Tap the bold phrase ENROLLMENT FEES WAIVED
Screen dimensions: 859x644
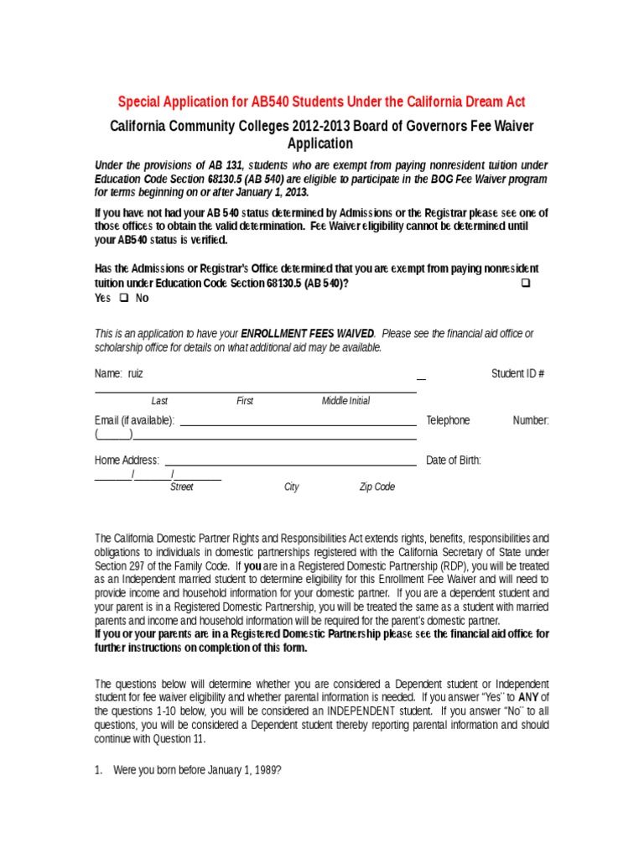click(x=308, y=334)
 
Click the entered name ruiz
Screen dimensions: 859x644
click(x=136, y=373)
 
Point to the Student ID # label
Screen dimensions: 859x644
click(x=517, y=373)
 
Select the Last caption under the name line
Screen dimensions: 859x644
click(x=159, y=401)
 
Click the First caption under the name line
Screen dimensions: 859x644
click(x=245, y=401)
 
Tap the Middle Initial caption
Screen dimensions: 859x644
click(x=345, y=401)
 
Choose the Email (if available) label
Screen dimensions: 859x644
click(x=135, y=420)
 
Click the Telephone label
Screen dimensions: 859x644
click(x=448, y=420)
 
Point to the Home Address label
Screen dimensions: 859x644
click(x=127, y=460)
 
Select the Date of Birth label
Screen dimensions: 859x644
click(x=454, y=460)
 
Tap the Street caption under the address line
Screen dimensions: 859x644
click(x=182, y=487)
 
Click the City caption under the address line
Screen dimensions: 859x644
click(x=292, y=487)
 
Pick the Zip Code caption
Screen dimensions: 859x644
click(x=377, y=487)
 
